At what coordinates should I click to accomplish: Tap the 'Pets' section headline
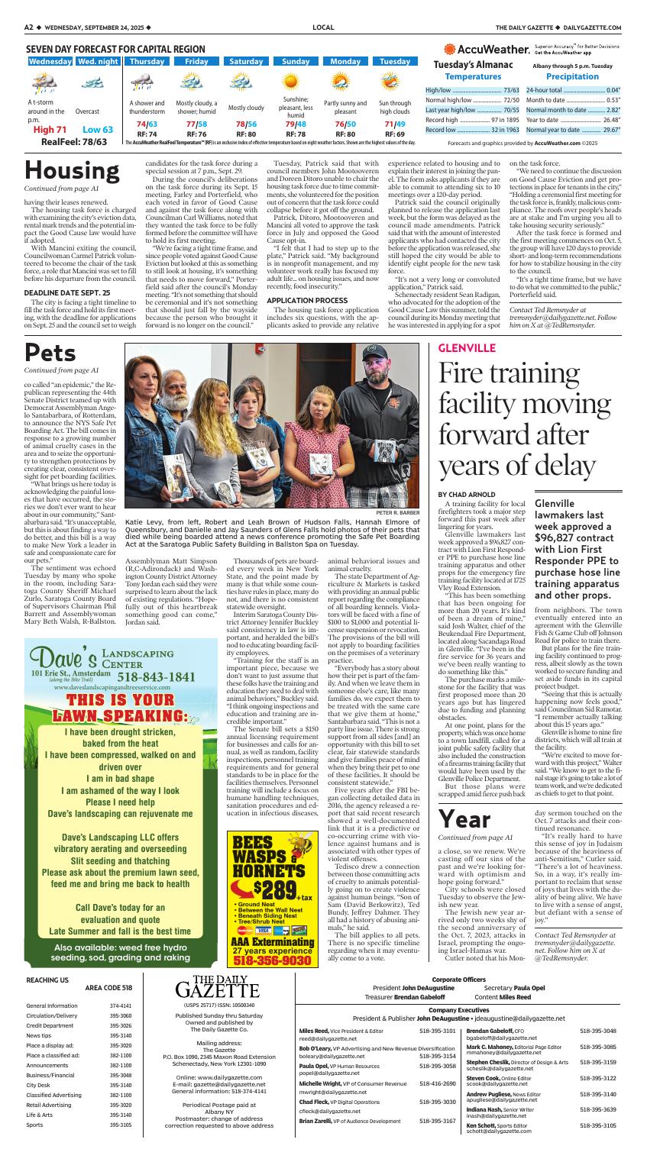coord(50,353)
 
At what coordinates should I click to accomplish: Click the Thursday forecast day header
coord(147,61)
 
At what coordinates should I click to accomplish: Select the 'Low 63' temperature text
coord(97,130)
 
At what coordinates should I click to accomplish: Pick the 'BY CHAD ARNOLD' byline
coord(465,494)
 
